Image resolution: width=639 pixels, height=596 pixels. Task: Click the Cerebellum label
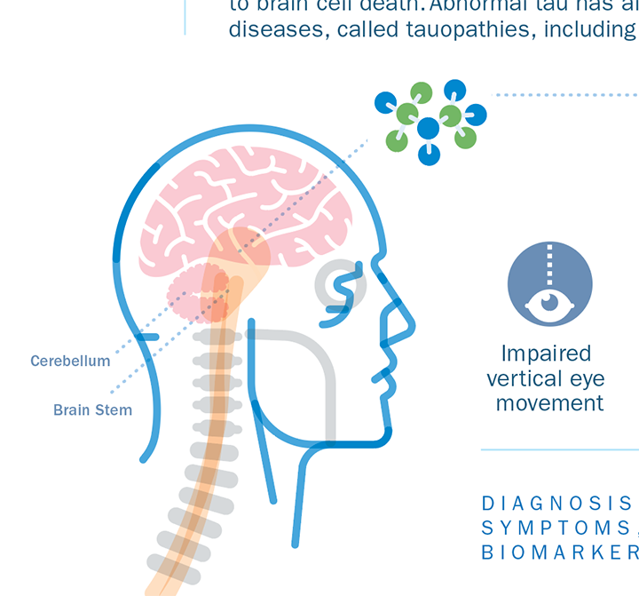(x=70, y=361)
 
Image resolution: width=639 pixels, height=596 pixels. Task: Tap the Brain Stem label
(x=92, y=410)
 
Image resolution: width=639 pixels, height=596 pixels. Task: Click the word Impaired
(x=546, y=354)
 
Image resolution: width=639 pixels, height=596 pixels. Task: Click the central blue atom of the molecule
(x=429, y=128)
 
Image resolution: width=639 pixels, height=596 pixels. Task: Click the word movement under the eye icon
(x=549, y=403)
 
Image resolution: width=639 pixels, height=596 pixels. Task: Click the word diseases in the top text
(x=269, y=28)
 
